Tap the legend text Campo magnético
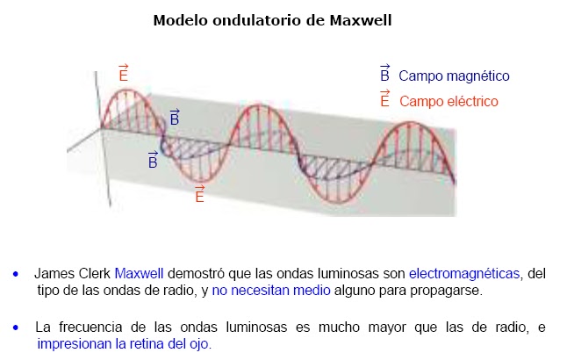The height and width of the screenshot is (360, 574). point(454,76)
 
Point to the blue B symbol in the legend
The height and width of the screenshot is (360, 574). point(384,75)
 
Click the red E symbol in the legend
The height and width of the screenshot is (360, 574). point(384,99)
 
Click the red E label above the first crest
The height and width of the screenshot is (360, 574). point(123,74)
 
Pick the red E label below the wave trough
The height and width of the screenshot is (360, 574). point(199,194)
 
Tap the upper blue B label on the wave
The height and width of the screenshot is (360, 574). point(174,117)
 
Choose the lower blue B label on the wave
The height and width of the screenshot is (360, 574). point(153,160)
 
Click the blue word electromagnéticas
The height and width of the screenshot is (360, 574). point(465,272)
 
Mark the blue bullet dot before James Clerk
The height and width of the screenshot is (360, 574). point(16,273)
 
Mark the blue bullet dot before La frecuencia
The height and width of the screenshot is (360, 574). point(16,328)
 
